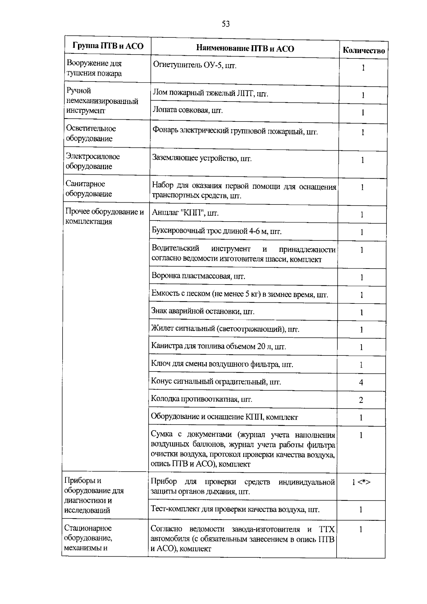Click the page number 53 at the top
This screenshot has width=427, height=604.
pyautogui.click(x=226, y=24)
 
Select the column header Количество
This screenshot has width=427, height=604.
pyautogui.click(x=363, y=51)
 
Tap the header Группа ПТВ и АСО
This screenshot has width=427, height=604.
pyautogui.click(x=108, y=46)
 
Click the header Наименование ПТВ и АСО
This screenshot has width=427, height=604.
pyautogui.click(x=245, y=48)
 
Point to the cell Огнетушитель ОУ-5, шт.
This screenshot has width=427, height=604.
pyautogui.click(x=194, y=65)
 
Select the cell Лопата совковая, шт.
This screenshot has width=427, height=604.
pyautogui.click(x=188, y=110)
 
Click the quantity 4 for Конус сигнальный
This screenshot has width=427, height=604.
pyautogui.click(x=361, y=382)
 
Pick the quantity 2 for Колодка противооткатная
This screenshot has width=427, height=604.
pyautogui.click(x=361, y=400)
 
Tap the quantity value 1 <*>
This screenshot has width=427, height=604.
pyautogui.click(x=361, y=482)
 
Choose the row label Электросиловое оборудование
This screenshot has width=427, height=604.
pyautogui.click(x=93, y=161)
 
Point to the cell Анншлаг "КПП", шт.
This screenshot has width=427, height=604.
pyautogui.click(x=185, y=213)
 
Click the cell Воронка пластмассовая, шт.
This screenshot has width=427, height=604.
pyautogui.click(x=198, y=276)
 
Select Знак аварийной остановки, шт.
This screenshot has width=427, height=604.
pyautogui.click(x=203, y=312)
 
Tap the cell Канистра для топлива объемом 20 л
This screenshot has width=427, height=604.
pyautogui.click(x=218, y=347)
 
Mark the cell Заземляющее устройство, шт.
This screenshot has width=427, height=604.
pyautogui.click(x=202, y=158)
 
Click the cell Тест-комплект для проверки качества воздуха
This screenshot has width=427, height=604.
pyautogui.click(x=235, y=509)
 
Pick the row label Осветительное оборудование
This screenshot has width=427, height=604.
pyautogui.click(x=91, y=134)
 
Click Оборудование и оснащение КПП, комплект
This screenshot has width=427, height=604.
pyautogui.click(x=224, y=417)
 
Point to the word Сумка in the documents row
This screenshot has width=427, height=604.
pyautogui.click(x=162, y=434)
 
